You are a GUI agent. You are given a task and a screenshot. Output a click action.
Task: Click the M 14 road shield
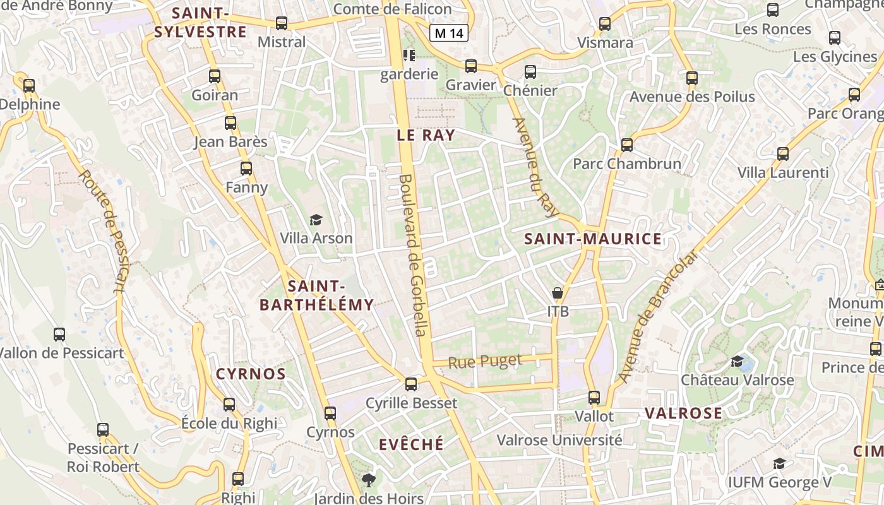point(449,33)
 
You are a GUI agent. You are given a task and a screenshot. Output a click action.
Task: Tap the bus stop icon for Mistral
point(282,23)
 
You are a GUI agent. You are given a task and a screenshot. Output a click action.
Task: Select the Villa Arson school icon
point(316,220)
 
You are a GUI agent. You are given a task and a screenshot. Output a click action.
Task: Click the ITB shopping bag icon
point(558,292)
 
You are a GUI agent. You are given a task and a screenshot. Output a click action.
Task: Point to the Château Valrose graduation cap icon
point(737,361)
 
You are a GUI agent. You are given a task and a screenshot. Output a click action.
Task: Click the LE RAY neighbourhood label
point(426,134)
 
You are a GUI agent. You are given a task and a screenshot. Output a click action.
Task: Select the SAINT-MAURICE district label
point(593,239)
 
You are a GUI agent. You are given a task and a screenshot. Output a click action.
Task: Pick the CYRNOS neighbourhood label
point(251,374)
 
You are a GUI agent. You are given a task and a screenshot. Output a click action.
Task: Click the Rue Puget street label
point(485,362)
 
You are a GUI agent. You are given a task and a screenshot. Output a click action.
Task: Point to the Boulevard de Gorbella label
point(413,255)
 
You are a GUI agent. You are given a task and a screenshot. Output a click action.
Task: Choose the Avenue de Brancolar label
point(659,316)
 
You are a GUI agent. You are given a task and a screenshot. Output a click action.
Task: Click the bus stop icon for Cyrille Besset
point(411,384)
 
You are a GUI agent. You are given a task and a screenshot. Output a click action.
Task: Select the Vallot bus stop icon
point(594,398)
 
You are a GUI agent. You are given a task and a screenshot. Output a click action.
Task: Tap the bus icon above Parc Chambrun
point(627,145)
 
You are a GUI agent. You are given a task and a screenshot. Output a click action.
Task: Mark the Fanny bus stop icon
point(246,169)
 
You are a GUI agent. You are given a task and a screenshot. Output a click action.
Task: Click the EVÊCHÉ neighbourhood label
point(411,444)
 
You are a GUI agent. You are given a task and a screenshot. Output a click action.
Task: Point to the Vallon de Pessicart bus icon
point(59,334)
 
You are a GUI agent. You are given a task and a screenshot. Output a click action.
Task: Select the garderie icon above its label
point(409,56)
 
